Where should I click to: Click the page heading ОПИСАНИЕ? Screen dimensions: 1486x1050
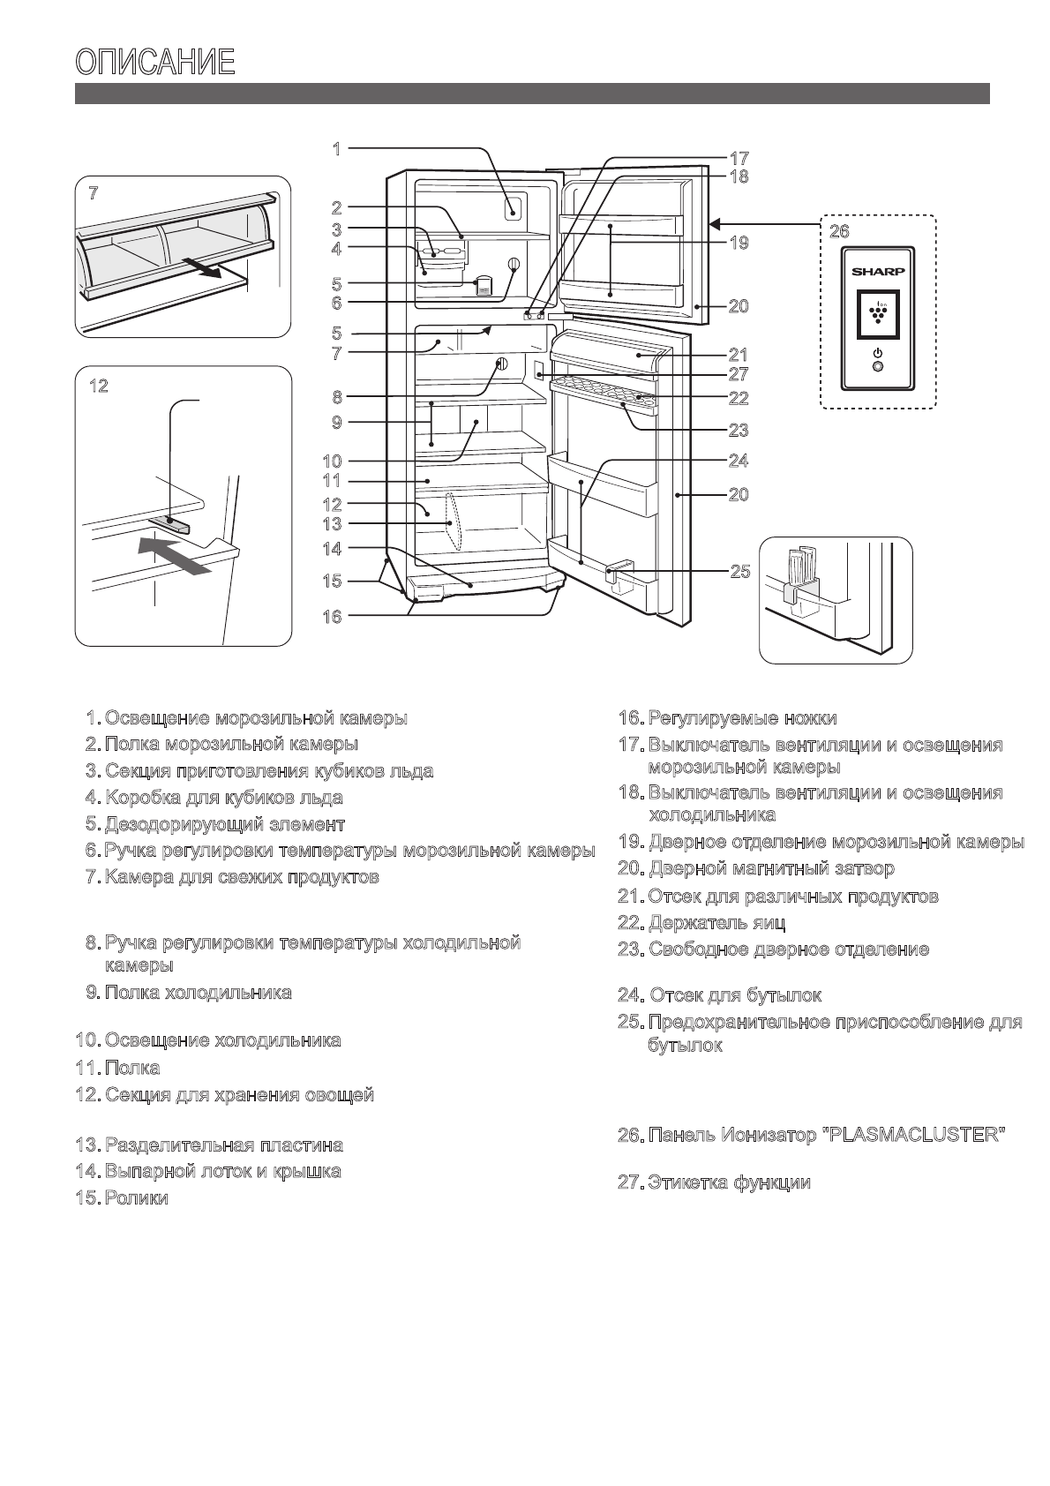pyautogui.click(x=155, y=63)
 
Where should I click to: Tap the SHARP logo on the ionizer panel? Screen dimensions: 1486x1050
pyautogui.click(x=877, y=272)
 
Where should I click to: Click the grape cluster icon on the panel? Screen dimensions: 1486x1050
pyautogui.click(x=877, y=314)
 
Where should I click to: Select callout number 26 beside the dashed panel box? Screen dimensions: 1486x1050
pyautogui.click(x=838, y=232)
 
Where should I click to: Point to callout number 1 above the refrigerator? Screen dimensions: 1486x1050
pyautogui.click(x=336, y=149)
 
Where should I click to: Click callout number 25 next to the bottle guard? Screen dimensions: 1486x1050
pyautogui.click(x=739, y=571)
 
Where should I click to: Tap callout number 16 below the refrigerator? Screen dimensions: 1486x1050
pyautogui.click(x=332, y=617)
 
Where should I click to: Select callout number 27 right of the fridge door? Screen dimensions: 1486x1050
pyautogui.click(x=739, y=375)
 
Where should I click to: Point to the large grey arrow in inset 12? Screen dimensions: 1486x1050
pyautogui.click(x=175, y=559)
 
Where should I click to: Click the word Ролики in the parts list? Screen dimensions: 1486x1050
pyautogui.click(x=137, y=1198)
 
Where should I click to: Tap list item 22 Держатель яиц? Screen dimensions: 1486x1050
pyautogui.click(x=716, y=923)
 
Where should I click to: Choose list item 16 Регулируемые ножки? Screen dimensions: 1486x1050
pyautogui.click(x=742, y=718)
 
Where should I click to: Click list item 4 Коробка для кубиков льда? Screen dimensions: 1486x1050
pyautogui.click(x=223, y=798)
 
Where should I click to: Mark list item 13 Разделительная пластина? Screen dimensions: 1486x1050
pyautogui.click(x=223, y=1145)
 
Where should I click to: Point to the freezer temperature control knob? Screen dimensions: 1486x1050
pyautogui.click(x=514, y=266)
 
